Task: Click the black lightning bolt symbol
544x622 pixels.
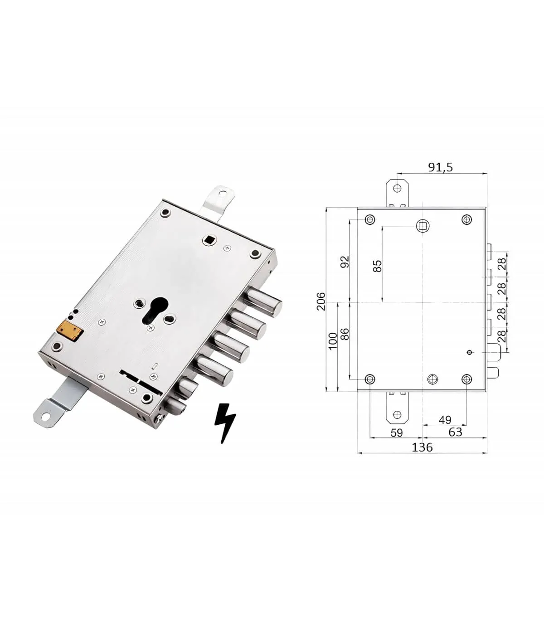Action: click(224, 423)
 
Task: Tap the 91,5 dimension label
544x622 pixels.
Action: click(440, 167)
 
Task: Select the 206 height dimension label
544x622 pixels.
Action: click(321, 301)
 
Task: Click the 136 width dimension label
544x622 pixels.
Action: click(422, 447)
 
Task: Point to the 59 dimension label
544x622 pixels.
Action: click(397, 432)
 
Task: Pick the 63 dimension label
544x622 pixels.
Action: click(455, 432)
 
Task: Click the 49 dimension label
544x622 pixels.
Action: click(445, 420)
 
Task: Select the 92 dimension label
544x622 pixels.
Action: click(345, 262)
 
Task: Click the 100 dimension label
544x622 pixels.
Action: click(333, 341)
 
